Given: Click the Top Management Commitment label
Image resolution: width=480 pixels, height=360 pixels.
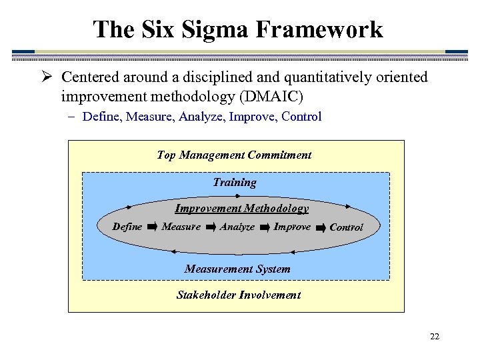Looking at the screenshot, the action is click(x=234, y=155).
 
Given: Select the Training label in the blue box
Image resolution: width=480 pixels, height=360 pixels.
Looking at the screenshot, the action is click(x=235, y=182).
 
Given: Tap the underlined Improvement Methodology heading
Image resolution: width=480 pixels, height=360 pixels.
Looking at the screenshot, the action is click(x=241, y=208).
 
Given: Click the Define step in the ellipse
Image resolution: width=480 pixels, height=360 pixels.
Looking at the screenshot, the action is click(x=127, y=227).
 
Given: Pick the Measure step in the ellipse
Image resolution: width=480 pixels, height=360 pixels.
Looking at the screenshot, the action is click(x=181, y=227).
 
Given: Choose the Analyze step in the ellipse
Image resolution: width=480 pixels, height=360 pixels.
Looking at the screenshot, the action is click(x=237, y=227).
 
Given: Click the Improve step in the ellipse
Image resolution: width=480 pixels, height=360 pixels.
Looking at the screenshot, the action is click(x=292, y=227).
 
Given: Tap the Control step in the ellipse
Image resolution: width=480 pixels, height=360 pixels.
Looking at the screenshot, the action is click(x=347, y=227).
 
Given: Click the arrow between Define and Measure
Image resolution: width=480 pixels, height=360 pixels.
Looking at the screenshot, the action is click(x=152, y=227).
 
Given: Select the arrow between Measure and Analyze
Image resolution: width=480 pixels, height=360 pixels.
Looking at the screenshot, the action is click(x=211, y=227).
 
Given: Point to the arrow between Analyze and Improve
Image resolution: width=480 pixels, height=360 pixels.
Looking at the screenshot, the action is click(x=265, y=227).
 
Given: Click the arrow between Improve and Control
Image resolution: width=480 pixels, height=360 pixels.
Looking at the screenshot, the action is click(x=320, y=227).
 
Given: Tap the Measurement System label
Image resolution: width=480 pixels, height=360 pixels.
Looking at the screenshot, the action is click(x=237, y=269).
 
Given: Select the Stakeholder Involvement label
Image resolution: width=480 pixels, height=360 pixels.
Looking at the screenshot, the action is click(x=238, y=295).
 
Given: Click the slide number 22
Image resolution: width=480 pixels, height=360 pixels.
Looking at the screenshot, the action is click(x=435, y=337).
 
